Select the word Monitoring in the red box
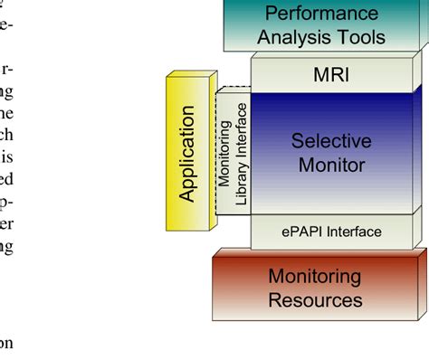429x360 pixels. click(x=315, y=276)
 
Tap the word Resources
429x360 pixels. click(x=315, y=299)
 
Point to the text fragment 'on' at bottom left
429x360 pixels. click(x=8, y=343)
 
